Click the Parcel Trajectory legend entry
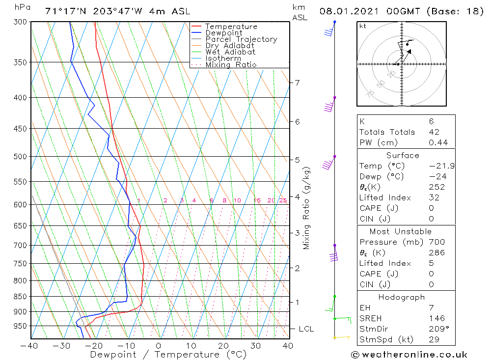coord(241,39)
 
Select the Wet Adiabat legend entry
coord(230,52)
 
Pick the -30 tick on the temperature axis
coord(62,346)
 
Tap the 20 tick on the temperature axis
coord(223,346)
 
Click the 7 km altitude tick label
coord(297,83)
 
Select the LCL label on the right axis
coord(306,329)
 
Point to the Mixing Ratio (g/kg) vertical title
coord(307,208)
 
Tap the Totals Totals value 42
coord(434,132)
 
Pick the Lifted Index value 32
coord(434,198)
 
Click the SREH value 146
coord(436,319)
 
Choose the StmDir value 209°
coord(437,329)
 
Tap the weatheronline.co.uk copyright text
coord(409,355)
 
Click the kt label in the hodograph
coord(362,26)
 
